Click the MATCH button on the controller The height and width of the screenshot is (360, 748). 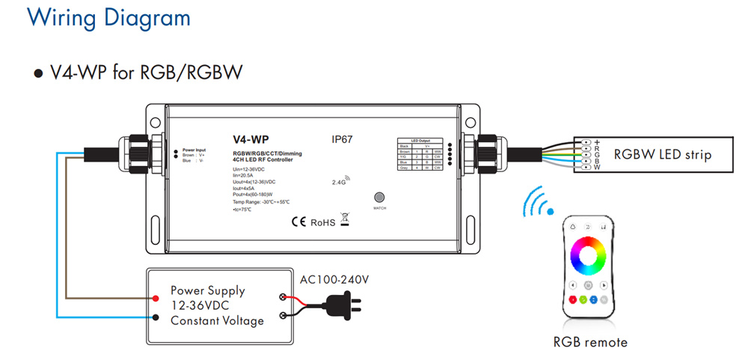pos(378,198)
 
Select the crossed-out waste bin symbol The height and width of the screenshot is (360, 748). pos(345,219)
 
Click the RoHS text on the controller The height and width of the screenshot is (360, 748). pos(322,222)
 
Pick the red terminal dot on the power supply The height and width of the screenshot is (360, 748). pos(154,297)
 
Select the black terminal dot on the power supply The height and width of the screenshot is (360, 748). pos(154,316)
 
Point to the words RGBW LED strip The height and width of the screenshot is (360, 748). pos(662,155)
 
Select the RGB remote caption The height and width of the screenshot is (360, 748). pos(590,343)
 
